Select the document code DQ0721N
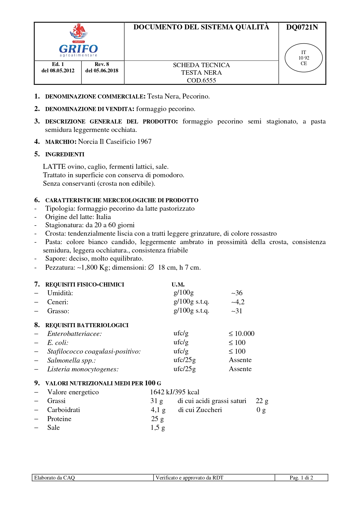coord(302,27)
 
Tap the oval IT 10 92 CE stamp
coord(303,58)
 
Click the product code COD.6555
coord(201,80)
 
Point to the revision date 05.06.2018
coord(106,71)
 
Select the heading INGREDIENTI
coord(65,154)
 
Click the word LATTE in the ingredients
coord(54,167)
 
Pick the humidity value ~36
coord(237,293)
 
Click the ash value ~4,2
coord(238,302)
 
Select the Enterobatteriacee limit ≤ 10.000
coord(241,334)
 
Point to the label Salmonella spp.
coord(71,360)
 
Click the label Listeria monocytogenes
coord(83,369)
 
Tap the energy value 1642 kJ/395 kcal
coord(174,392)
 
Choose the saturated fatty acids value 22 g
coord(262,401)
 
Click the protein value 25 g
coord(157,419)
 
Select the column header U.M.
coord(178,284)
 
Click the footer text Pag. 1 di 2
coord(301,478)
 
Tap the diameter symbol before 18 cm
coord(151,267)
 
